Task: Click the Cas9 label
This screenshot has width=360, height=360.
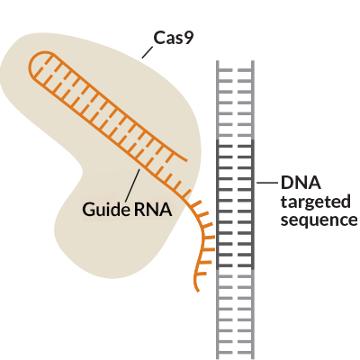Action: coord(173,39)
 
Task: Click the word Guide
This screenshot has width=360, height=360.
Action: coord(105,209)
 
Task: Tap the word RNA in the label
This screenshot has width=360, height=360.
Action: coord(153,209)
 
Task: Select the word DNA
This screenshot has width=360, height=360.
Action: coord(301,183)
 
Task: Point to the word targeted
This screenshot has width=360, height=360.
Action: coord(316,202)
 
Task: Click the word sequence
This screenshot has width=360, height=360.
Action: coord(319,220)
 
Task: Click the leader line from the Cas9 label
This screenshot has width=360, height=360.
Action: coord(148,52)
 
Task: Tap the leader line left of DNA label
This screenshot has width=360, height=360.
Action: coord(267,183)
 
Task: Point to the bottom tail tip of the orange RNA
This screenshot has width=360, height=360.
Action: coord(198,291)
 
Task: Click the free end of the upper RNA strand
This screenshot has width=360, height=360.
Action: coord(186,160)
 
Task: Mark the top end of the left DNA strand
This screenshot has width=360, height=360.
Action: coord(218,61)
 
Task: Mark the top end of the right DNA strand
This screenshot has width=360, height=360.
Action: coord(253,61)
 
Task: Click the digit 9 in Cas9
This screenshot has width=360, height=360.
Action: coord(188,39)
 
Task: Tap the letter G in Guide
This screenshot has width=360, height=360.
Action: coord(88,209)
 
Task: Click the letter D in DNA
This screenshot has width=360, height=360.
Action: coord(287,183)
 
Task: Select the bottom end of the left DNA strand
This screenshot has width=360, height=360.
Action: coord(218,358)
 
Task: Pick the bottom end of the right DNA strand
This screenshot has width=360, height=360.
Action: coord(253,358)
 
